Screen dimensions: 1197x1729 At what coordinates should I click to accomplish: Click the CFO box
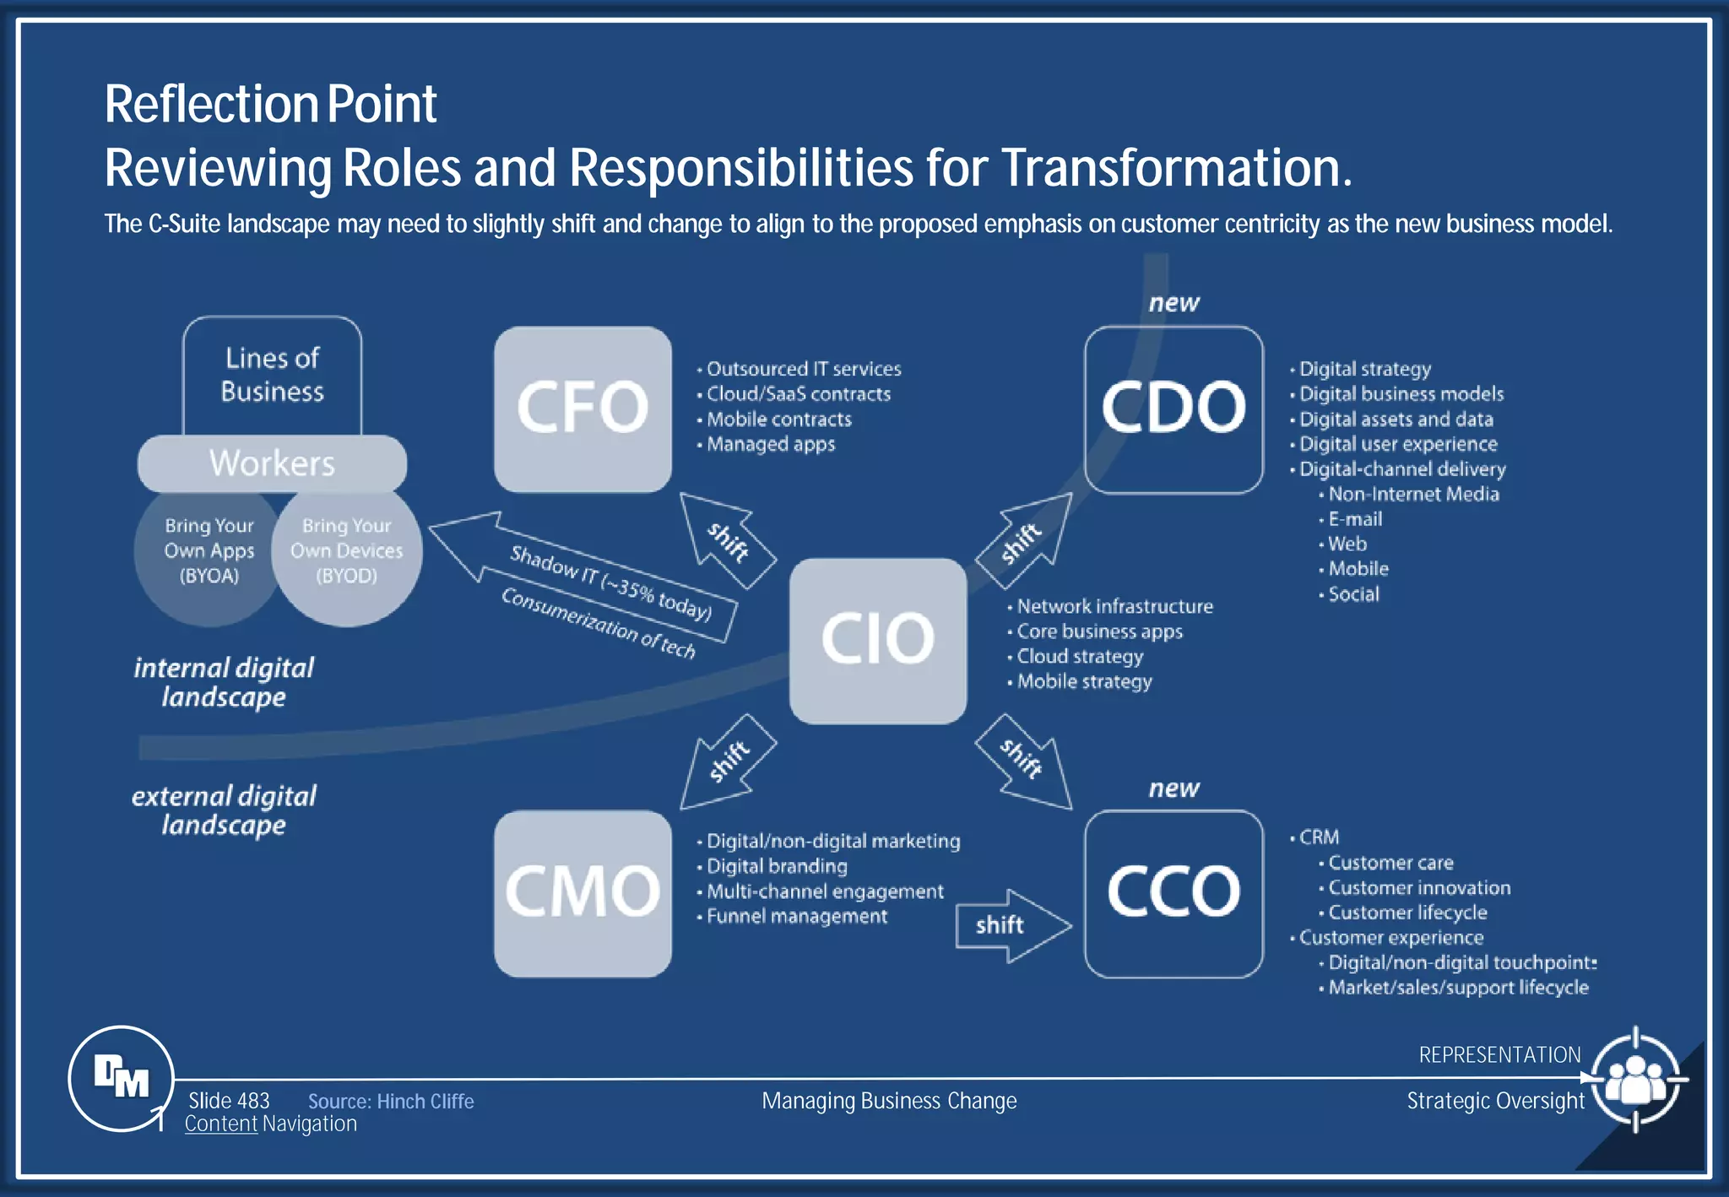[x=583, y=409]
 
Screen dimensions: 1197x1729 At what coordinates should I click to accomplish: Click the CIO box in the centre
[x=878, y=640]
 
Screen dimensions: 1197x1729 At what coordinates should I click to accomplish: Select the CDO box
[x=1173, y=409]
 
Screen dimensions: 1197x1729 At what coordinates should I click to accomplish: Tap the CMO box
[x=583, y=893]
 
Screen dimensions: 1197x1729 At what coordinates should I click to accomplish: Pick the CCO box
[x=1173, y=893]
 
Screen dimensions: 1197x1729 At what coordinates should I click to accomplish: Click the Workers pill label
[x=272, y=463]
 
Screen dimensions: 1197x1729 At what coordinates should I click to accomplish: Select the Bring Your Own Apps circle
[x=208, y=553]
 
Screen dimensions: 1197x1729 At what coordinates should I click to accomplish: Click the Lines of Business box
[x=272, y=375]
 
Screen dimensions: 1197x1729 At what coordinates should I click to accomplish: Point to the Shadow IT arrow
[x=591, y=582]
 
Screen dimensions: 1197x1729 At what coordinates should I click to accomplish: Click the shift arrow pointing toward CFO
[x=726, y=540]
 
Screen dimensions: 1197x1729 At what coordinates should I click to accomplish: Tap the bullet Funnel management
[x=796, y=917]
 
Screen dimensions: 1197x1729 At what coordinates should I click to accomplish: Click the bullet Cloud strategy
[x=1079, y=657]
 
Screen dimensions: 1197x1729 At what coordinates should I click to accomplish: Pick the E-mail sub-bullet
[x=1354, y=519]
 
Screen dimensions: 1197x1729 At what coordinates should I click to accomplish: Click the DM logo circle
[x=121, y=1078]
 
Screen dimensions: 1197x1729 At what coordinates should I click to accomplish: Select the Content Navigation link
[x=270, y=1124]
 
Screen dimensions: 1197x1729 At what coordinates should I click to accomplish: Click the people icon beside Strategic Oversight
[x=1635, y=1079]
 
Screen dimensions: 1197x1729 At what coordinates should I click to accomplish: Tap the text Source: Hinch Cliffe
[x=390, y=1102]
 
